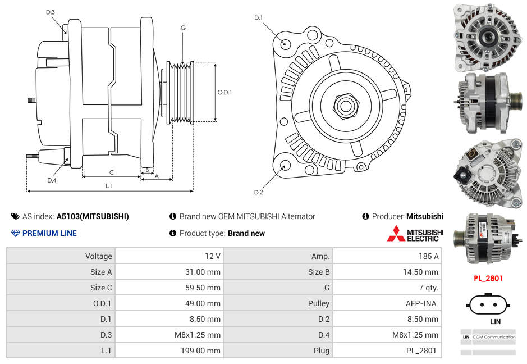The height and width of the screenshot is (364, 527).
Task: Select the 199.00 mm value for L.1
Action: pyautogui.click(x=207, y=351)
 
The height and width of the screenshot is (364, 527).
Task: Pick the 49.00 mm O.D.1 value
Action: pyautogui.click(x=207, y=303)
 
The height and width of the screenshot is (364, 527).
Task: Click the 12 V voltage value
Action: pyautogui.click(x=213, y=256)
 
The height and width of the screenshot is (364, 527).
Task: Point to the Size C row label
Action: pyautogui.click(x=101, y=288)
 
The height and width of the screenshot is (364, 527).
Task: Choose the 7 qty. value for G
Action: pyautogui.click(x=428, y=288)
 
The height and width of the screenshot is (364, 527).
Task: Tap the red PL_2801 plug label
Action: pyautogui.click(x=488, y=278)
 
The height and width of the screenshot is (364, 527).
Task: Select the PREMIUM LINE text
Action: pyautogui.click(x=49, y=233)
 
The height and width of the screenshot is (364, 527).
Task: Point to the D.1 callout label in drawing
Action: pyautogui.click(x=258, y=18)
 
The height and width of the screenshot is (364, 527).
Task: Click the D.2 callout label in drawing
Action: pyautogui.click(x=258, y=193)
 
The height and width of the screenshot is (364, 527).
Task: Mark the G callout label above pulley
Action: pyautogui.click(x=183, y=28)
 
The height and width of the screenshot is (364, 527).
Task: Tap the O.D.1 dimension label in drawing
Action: pyautogui.click(x=224, y=93)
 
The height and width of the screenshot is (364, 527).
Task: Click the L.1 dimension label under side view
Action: pyautogui.click(x=109, y=185)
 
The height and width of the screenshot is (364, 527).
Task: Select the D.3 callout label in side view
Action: pyautogui.click(x=51, y=12)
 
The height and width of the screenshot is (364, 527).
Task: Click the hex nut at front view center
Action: pyautogui.click(x=345, y=104)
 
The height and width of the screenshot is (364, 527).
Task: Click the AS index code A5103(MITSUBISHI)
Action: pyautogui.click(x=93, y=216)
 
